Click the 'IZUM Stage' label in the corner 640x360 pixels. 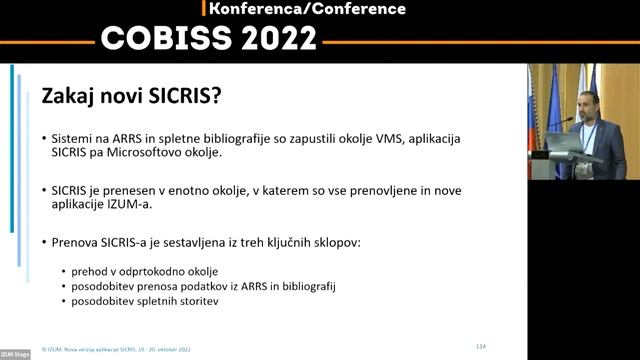click(x=15, y=354)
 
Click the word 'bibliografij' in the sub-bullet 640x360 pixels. click(x=308, y=287)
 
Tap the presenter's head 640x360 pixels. click(x=589, y=104)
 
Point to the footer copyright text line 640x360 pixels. click(x=116, y=349)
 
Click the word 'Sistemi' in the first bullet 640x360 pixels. click(x=71, y=136)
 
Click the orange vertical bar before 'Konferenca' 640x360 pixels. click(x=203, y=8)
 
